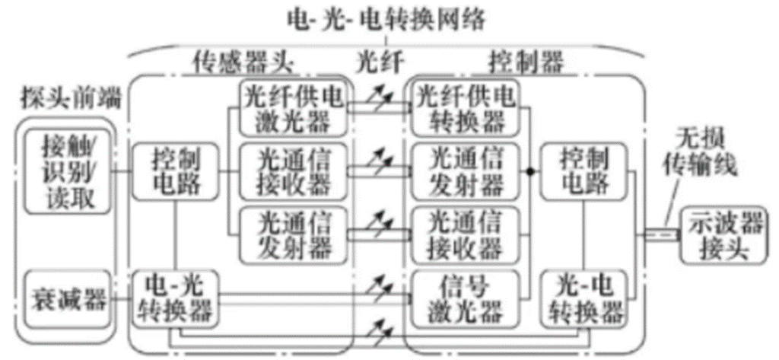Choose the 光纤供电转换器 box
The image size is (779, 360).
[x=466, y=107]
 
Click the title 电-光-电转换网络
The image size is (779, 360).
[x=386, y=20]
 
